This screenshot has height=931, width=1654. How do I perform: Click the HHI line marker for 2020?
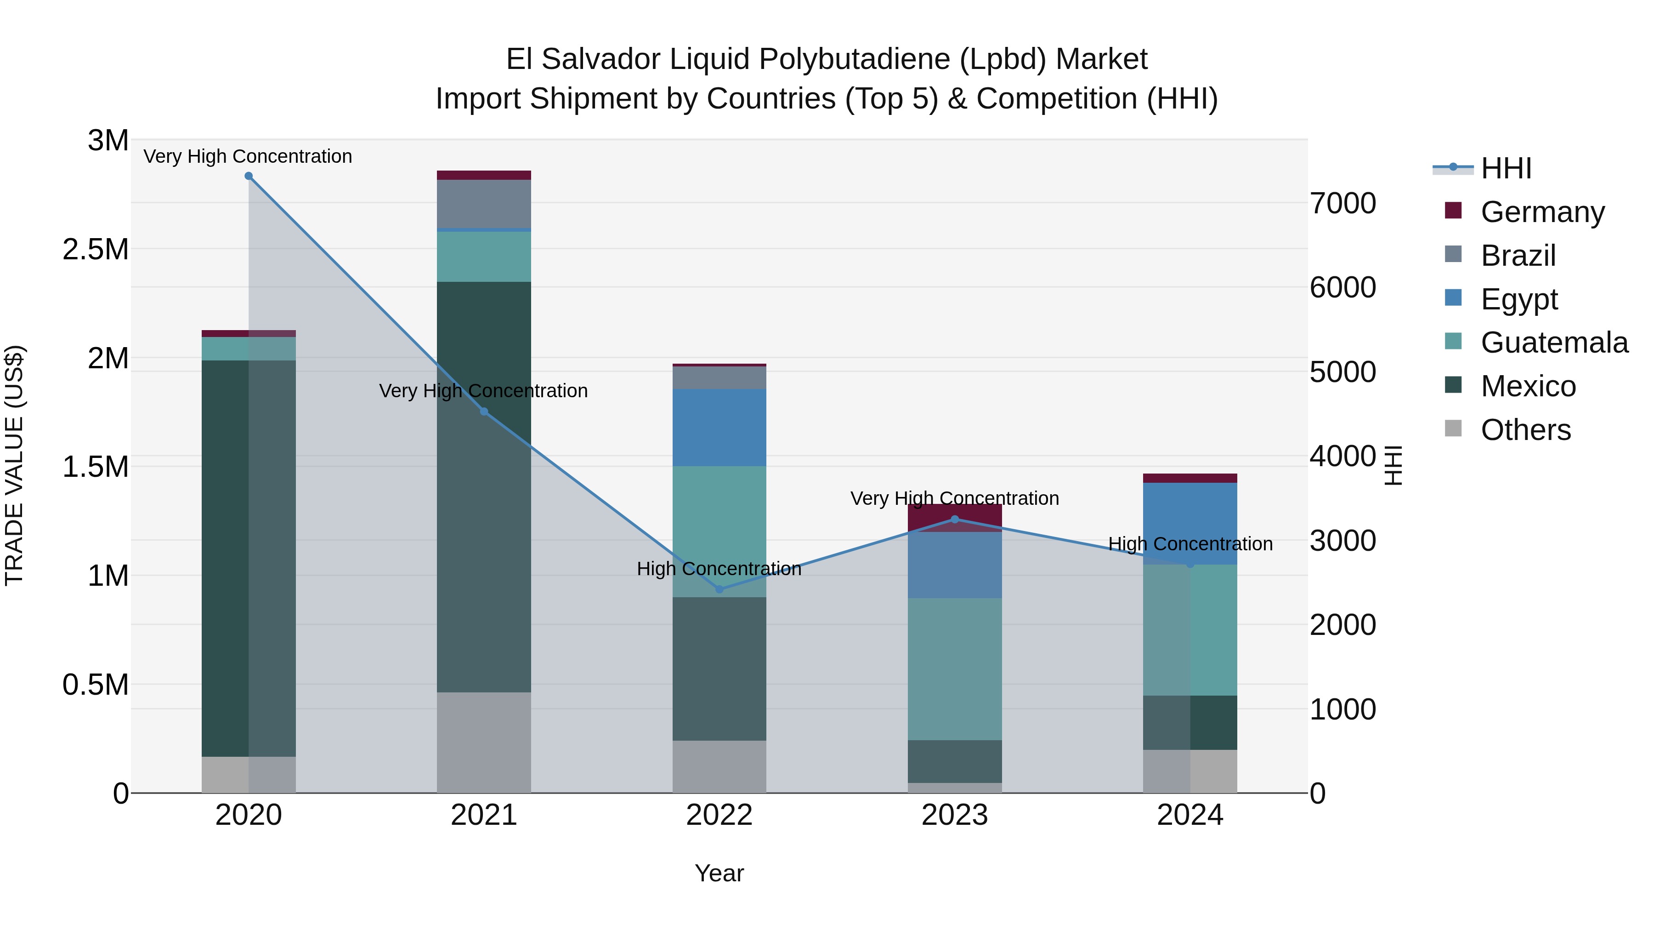point(249,176)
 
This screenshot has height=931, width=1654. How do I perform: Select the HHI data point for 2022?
point(719,589)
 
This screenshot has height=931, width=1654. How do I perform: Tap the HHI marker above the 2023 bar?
point(954,519)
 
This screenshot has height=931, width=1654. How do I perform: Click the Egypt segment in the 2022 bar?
point(719,427)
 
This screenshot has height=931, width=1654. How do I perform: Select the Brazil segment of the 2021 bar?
point(483,204)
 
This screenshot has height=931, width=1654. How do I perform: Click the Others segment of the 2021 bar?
point(483,742)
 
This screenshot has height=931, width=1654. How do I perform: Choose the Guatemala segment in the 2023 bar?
point(954,668)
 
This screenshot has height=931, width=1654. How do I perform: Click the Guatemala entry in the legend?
point(1554,343)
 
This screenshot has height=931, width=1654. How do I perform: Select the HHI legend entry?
point(1506,168)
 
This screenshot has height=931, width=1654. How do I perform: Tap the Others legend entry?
point(1525,430)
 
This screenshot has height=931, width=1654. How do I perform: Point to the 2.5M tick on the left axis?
point(96,249)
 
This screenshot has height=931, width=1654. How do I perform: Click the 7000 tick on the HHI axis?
point(1342,203)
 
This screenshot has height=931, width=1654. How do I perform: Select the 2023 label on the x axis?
point(954,815)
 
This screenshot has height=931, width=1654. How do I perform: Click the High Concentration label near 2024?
point(1190,543)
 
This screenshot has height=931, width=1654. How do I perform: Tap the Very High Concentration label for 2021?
point(483,391)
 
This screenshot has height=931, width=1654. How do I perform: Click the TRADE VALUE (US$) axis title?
point(14,465)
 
